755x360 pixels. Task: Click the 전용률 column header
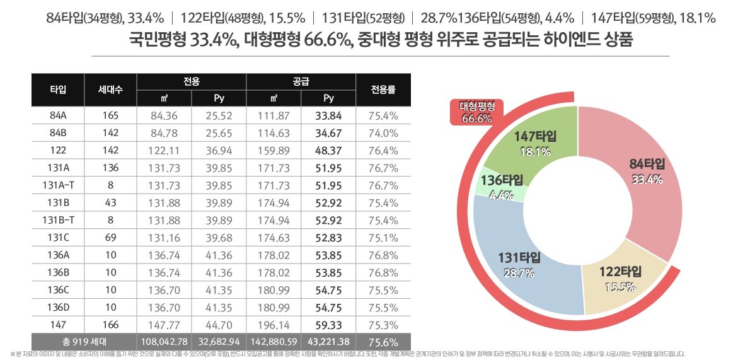pos(383,90)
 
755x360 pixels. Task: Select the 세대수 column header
pos(110,90)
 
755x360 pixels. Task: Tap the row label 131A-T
pos(58,185)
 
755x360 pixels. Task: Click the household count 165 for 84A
pos(110,116)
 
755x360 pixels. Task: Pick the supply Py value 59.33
pos(328,325)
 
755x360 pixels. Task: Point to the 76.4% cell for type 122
pos(383,151)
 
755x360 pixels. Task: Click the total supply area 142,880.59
pos(274,342)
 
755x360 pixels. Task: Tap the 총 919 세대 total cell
pos(83,342)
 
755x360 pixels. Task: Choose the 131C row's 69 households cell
pos(110,238)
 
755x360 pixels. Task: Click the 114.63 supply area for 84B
pos(274,133)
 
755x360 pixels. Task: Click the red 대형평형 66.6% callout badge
pos(478,112)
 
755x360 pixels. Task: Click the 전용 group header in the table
pos(192,81)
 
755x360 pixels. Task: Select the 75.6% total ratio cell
pos(383,342)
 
